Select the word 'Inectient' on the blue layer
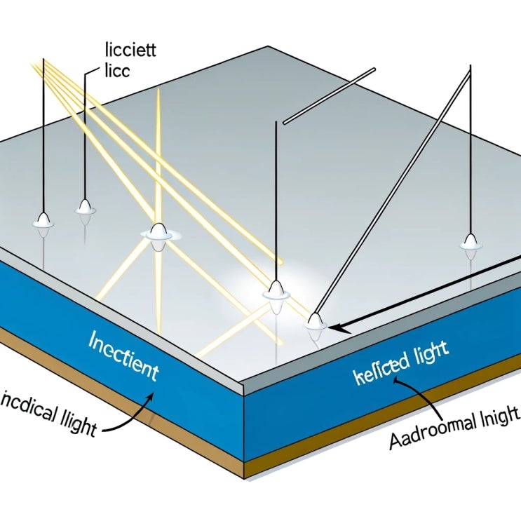pos(123,357)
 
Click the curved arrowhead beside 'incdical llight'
pos(149,397)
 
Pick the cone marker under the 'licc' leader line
pos(86,206)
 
